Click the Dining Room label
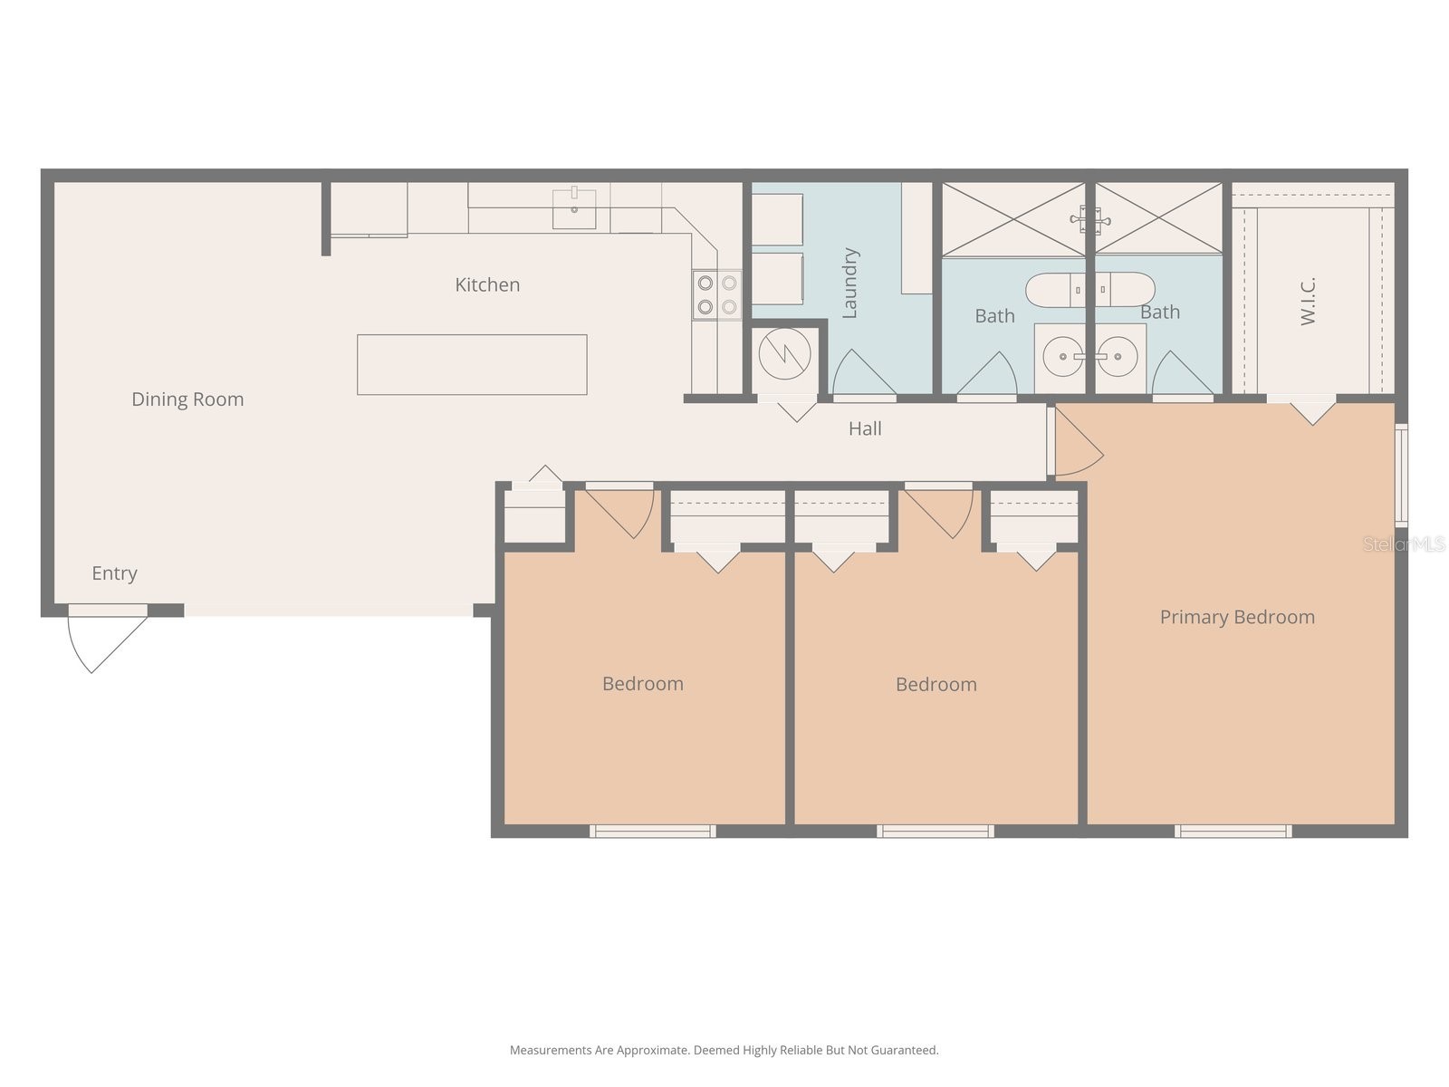pyautogui.click(x=187, y=399)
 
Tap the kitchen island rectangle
pyautogui.click(x=472, y=364)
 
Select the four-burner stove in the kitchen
pyautogui.click(x=716, y=294)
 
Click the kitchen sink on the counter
pyautogui.click(x=574, y=208)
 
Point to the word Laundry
pyautogui.click(x=849, y=283)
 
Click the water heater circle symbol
pyautogui.click(x=784, y=354)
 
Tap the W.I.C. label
pyautogui.click(x=1308, y=301)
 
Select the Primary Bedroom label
pyautogui.click(x=1237, y=617)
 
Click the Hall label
pyautogui.click(x=865, y=428)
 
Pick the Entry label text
pyautogui.click(x=114, y=573)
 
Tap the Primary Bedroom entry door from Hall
pyautogui.click(x=1078, y=444)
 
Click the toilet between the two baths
pyautogui.click(x=1090, y=290)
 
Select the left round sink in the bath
pyautogui.click(x=1062, y=357)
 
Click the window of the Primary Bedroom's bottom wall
pyautogui.click(x=1233, y=831)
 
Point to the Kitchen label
pyautogui.click(x=487, y=284)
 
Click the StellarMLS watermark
pyautogui.click(x=1404, y=543)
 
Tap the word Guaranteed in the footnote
pyautogui.click(x=905, y=1050)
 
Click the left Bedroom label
pyautogui.click(x=643, y=684)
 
